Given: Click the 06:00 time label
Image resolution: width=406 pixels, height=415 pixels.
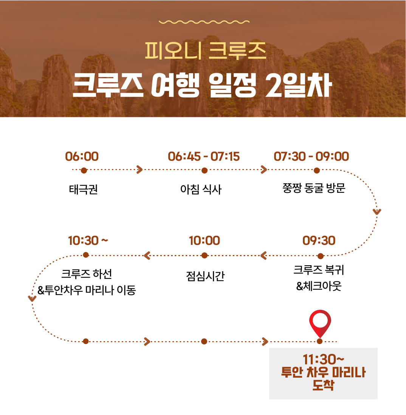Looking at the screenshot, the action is coord(82,157).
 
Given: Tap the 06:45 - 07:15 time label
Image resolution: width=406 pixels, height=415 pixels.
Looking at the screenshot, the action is coord(204,157).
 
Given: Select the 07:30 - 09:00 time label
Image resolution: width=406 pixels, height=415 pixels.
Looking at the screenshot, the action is coord(311,157).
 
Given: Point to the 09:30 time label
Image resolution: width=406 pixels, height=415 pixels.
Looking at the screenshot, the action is coord(319,241).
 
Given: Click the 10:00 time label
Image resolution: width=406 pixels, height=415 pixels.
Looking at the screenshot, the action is coord(205,241).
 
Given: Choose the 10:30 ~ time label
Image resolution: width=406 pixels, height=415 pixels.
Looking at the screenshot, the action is coord(88,241).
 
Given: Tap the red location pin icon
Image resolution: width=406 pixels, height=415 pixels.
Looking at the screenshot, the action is coord(320,323).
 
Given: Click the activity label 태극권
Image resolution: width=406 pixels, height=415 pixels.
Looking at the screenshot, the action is coord(84,189).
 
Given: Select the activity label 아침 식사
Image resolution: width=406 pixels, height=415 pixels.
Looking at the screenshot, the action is coord(201,189).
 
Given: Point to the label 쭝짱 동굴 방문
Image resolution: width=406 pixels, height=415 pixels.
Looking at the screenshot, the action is coord(314,188).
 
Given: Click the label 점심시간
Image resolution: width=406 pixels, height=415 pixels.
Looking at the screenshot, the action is coord(205,276).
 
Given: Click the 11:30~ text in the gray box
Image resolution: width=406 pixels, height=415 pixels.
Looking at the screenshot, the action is coord(323,360).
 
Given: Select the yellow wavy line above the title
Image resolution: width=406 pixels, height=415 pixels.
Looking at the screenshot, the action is coord(204,22).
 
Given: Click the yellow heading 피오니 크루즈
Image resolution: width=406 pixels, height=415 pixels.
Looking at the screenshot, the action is coord(206,51).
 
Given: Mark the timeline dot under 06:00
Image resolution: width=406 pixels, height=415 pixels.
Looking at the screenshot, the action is coord(84,171).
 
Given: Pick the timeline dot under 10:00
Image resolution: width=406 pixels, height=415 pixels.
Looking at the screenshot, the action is coord(204,255).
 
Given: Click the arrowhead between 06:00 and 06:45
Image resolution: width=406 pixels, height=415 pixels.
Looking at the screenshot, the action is coord(140,170).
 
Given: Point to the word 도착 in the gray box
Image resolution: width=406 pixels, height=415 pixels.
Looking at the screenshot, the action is coord(323,385).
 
